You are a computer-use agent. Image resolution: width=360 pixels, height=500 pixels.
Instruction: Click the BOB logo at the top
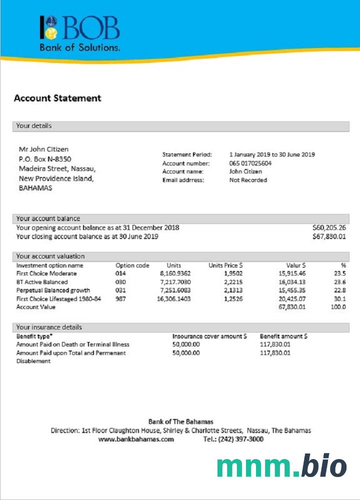point(80,33)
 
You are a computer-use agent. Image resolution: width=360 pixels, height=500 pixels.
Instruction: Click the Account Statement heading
point(57,98)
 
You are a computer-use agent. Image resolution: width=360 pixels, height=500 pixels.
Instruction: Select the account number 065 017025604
point(250,163)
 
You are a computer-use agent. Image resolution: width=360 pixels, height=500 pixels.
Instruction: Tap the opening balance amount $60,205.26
point(328,227)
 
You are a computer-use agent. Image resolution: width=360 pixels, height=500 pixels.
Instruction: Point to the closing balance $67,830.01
point(328,236)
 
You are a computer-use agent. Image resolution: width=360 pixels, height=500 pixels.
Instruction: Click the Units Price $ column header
point(225,265)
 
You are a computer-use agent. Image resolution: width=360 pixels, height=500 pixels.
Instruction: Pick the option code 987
point(121,298)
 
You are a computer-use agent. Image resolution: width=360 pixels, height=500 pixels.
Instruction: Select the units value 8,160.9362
point(175,274)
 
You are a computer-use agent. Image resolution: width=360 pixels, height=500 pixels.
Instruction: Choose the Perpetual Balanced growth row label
point(53,290)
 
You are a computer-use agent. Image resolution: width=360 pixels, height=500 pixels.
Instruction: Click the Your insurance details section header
point(49,327)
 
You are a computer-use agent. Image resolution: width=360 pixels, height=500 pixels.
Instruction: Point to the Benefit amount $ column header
point(283,336)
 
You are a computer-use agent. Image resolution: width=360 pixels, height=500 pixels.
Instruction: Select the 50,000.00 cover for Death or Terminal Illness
point(186,344)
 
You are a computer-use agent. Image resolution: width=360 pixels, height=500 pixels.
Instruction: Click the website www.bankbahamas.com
point(136,439)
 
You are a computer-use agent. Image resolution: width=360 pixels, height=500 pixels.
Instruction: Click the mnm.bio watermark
point(281,467)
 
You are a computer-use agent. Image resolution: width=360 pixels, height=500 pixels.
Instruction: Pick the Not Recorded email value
point(248,180)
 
